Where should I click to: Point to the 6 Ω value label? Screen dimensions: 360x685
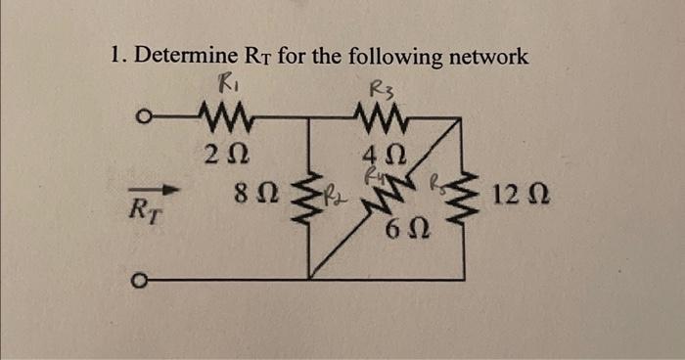(404, 232)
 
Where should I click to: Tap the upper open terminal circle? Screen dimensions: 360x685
(143, 119)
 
